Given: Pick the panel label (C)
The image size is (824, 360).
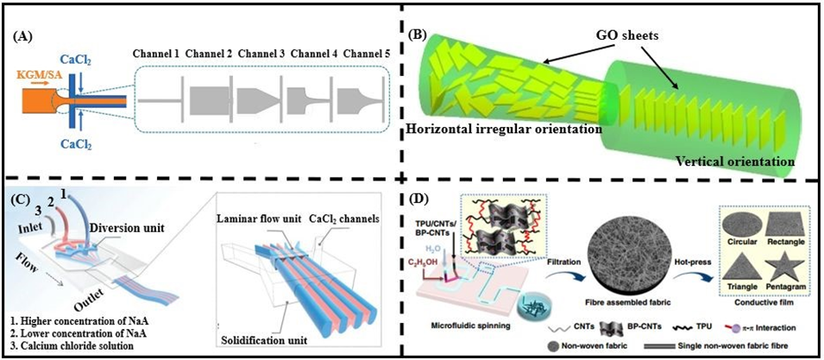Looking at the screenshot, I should tap(19, 195).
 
